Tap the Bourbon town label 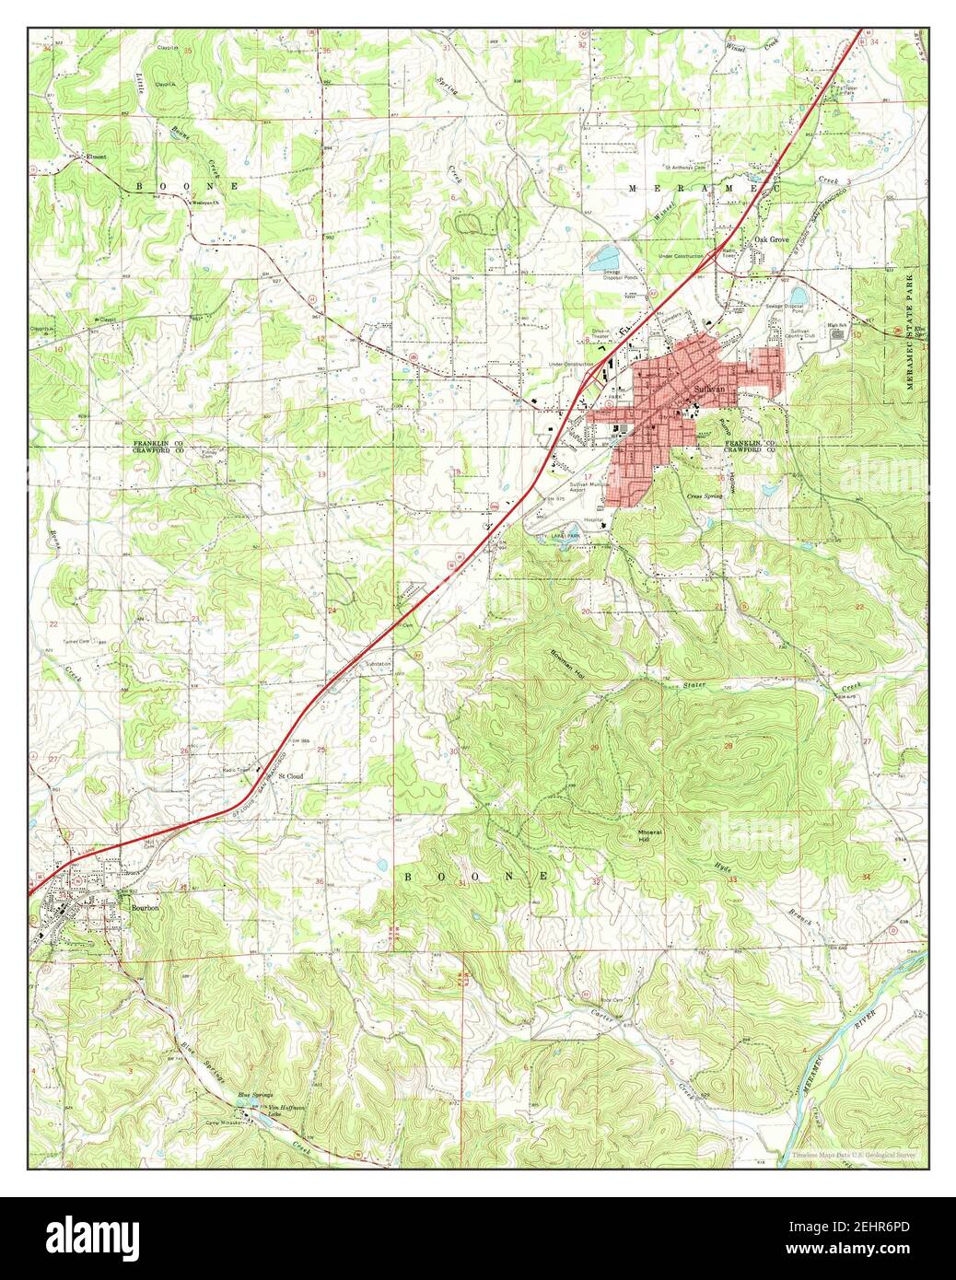(146, 908)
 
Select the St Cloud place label (291, 776)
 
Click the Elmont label (96, 157)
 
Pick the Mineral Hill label (650, 835)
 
